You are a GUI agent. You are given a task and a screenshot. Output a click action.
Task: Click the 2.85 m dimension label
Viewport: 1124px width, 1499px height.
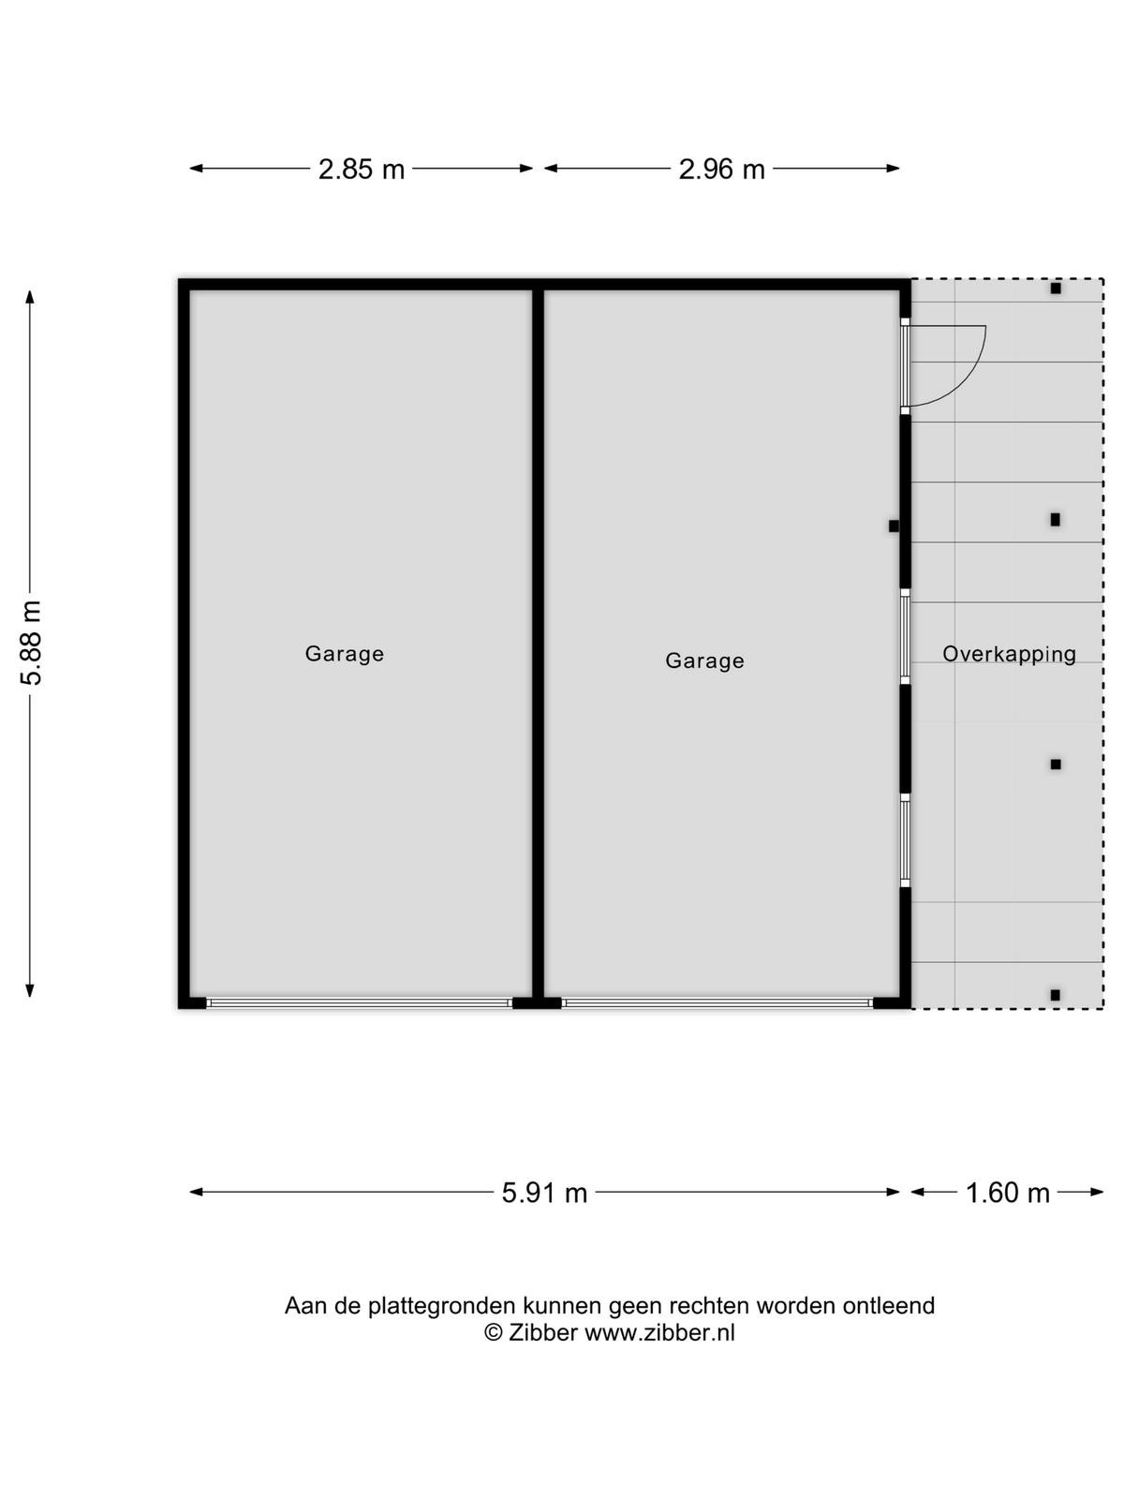[361, 169]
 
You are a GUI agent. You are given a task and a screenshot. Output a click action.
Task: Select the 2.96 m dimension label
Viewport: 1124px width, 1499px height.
[721, 169]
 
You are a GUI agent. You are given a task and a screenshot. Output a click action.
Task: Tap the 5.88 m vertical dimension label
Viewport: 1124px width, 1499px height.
[32, 643]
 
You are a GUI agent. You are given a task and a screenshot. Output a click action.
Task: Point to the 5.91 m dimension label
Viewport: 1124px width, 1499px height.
[544, 1193]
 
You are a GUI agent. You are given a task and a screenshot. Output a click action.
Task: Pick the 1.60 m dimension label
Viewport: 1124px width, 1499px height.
[1007, 1193]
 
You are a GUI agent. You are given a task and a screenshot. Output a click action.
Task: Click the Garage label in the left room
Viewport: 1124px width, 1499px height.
[344, 654]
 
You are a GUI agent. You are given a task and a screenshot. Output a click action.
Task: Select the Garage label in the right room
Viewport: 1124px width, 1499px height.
[704, 661]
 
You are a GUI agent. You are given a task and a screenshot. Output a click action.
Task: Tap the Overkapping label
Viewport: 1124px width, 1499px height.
[1010, 654]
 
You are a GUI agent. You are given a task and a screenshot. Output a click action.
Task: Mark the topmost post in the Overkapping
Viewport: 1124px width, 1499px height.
[1056, 289]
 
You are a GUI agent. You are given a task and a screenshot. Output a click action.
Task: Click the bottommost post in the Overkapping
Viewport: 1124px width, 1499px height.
[1055, 995]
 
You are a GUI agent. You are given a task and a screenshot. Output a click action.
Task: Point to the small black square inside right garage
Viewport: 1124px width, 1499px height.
[894, 527]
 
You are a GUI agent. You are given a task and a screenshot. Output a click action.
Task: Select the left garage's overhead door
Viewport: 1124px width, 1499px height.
[359, 1002]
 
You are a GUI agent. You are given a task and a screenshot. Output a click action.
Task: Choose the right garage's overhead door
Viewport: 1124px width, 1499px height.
[717, 1002]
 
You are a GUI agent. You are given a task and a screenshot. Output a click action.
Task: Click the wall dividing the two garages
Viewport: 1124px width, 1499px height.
[538, 644]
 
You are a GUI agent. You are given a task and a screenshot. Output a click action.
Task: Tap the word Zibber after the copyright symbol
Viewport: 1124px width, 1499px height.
[543, 1332]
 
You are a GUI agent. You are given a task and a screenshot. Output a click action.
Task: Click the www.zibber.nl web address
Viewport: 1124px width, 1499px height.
[660, 1332]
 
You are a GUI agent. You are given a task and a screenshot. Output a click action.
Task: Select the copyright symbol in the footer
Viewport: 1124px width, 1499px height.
[493, 1332]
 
